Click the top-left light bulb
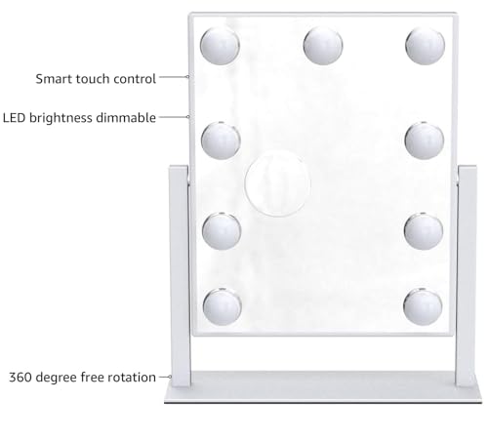click(220, 46)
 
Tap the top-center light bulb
click(323, 45)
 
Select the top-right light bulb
click(425, 46)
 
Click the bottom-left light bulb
click(222, 306)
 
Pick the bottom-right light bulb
click(423, 306)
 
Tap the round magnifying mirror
click(277, 183)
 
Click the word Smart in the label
click(54, 79)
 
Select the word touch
click(93, 79)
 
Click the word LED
click(14, 118)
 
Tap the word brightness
click(61, 118)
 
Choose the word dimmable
click(126, 117)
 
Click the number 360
click(20, 378)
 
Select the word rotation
click(132, 378)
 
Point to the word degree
click(56, 379)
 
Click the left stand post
click(180, 276)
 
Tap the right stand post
click(467, 276)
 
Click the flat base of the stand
click(323, 387)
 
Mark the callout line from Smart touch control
click(174, 77)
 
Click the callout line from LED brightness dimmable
click(174, 117)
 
